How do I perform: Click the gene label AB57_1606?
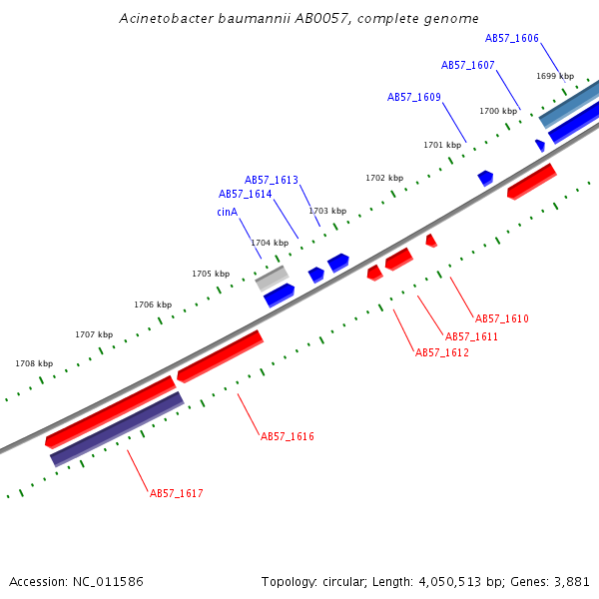[x=511, y=38]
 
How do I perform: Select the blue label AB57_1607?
[x=467, y=65]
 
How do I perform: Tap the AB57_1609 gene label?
[x=414, y=97]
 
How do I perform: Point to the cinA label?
[x=227, y=212]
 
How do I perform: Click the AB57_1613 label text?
[x=272, y=180]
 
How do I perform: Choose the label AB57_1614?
[x=246, y=194]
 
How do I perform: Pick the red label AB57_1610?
[x=501, y=318]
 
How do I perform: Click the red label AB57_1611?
[x=472, y=336]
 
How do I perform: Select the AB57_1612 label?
[x=442, y=352]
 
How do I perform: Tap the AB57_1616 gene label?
[x=288, y=436]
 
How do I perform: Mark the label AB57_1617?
[x=177, y=493]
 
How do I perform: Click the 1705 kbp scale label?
[x=211, y=274]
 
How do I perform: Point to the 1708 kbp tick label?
[x=34, y=363]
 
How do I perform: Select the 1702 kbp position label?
[x=384, y=178]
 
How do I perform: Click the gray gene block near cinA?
[x=272, y=279]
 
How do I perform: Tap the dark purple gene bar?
[x=117, y=429]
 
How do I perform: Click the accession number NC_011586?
[x=108, y=582]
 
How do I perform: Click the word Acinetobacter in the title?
[x=166, y=18]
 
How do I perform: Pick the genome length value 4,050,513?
[x=450, y=582]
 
